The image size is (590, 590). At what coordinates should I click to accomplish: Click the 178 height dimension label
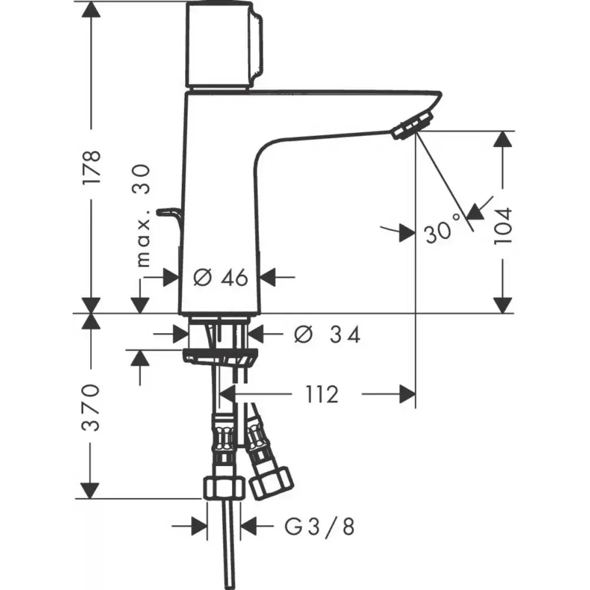[x=92, y=167]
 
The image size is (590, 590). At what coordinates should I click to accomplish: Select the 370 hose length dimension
[x=91, y=408]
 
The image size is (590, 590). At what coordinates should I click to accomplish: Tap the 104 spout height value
[x=503, y=226]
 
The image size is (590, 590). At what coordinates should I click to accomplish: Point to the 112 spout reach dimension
[x=322, y=394]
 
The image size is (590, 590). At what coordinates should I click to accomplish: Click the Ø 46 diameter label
[x=221, y=278]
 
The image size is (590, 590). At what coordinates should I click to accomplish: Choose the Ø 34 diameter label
[x=327, y=334]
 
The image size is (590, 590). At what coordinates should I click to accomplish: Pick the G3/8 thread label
[x=319, y=526]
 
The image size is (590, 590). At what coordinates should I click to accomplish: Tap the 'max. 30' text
[x=143, y=215]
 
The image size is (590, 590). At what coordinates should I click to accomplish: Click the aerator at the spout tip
[x=411, y=127]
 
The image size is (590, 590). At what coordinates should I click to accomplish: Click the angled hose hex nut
[x=271, y=483]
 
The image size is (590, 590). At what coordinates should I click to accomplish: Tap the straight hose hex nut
[x=224, y=488]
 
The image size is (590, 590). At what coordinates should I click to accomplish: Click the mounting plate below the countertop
[x=221, y=356]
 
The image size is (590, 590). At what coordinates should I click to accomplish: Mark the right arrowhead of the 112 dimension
[x=408, y=394]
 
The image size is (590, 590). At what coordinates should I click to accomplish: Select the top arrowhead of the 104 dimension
[x=503, y=139]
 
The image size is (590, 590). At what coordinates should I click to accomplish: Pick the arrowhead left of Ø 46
[x=171, y=278]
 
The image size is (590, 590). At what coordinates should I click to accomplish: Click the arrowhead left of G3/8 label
[x=199, y=526]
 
